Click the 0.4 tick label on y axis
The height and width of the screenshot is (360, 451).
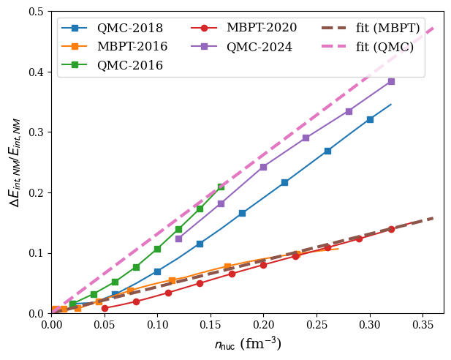point(35,72)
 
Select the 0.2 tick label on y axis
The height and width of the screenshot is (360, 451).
point(35,192)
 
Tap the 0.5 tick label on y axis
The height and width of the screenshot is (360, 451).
point(35,12)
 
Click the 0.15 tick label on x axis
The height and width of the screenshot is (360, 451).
point(211,323)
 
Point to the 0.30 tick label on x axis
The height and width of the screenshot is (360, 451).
point(370,323)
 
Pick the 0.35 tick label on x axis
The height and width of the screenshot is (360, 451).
point(422,323)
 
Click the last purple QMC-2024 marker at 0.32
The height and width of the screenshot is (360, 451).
point(391,81)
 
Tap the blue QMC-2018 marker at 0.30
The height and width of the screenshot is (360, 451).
point(370,119)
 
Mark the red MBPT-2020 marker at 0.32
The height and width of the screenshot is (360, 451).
point(391,229)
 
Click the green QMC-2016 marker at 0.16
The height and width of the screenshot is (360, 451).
point(221,187)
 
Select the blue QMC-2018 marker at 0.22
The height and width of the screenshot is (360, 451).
point(284,182)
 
